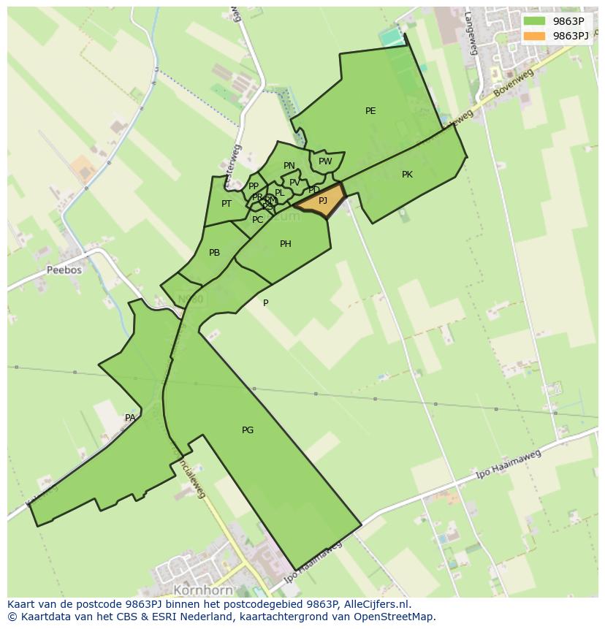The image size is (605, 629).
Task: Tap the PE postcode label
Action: click(370, 111)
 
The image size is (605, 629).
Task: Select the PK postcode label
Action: click(407, 175)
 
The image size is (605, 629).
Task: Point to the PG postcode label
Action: click(248, 430)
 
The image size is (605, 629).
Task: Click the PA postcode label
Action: click(130, 418)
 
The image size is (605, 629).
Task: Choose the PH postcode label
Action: click(286, 244)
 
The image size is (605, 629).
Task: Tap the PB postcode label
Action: click(214, 253)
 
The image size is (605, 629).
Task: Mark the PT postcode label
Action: click(227, 204)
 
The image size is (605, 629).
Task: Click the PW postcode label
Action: click(325, 161)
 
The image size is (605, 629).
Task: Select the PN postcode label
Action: click(289, 166)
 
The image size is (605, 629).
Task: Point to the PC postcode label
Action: click(257, 220)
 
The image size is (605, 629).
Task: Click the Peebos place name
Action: click(64, 270)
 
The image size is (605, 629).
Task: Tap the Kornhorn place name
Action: click(203, 590)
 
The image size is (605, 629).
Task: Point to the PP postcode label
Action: click(254, 186)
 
